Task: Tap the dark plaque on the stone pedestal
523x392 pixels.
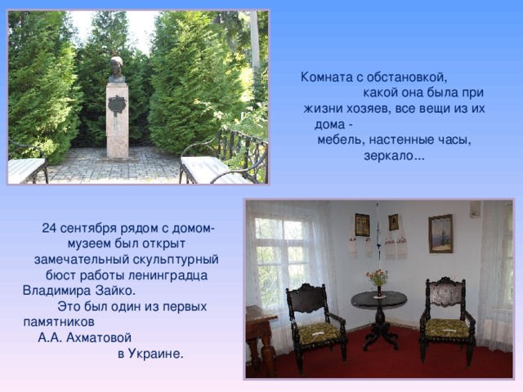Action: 117,105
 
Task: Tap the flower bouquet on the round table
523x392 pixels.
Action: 378,278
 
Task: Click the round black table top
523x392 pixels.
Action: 378,299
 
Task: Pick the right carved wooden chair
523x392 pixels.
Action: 446,318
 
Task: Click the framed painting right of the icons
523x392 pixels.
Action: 440,233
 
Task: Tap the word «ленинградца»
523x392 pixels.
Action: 172,275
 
